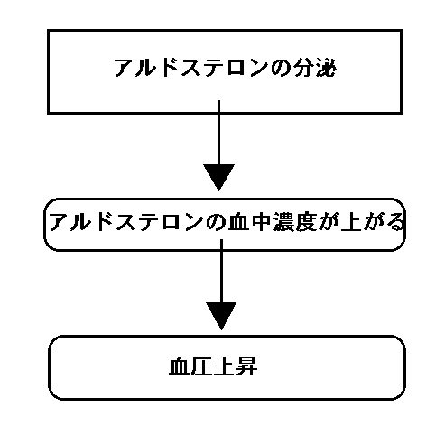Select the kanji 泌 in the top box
[x=325, y=68]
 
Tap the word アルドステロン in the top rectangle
[x=191, y=68]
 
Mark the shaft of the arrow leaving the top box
[x=218, y=133]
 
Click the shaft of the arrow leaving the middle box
[x=221, y=271]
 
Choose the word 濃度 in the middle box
[x=295, y=222]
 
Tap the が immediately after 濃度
[x=329, y=222]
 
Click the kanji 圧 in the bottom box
[x=202, y=366]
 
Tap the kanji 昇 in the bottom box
[x=246, y=366]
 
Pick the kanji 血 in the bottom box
[x=180, y=366]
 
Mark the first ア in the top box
[x=124, y=68]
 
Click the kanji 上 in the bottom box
[x=224, y=366]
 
